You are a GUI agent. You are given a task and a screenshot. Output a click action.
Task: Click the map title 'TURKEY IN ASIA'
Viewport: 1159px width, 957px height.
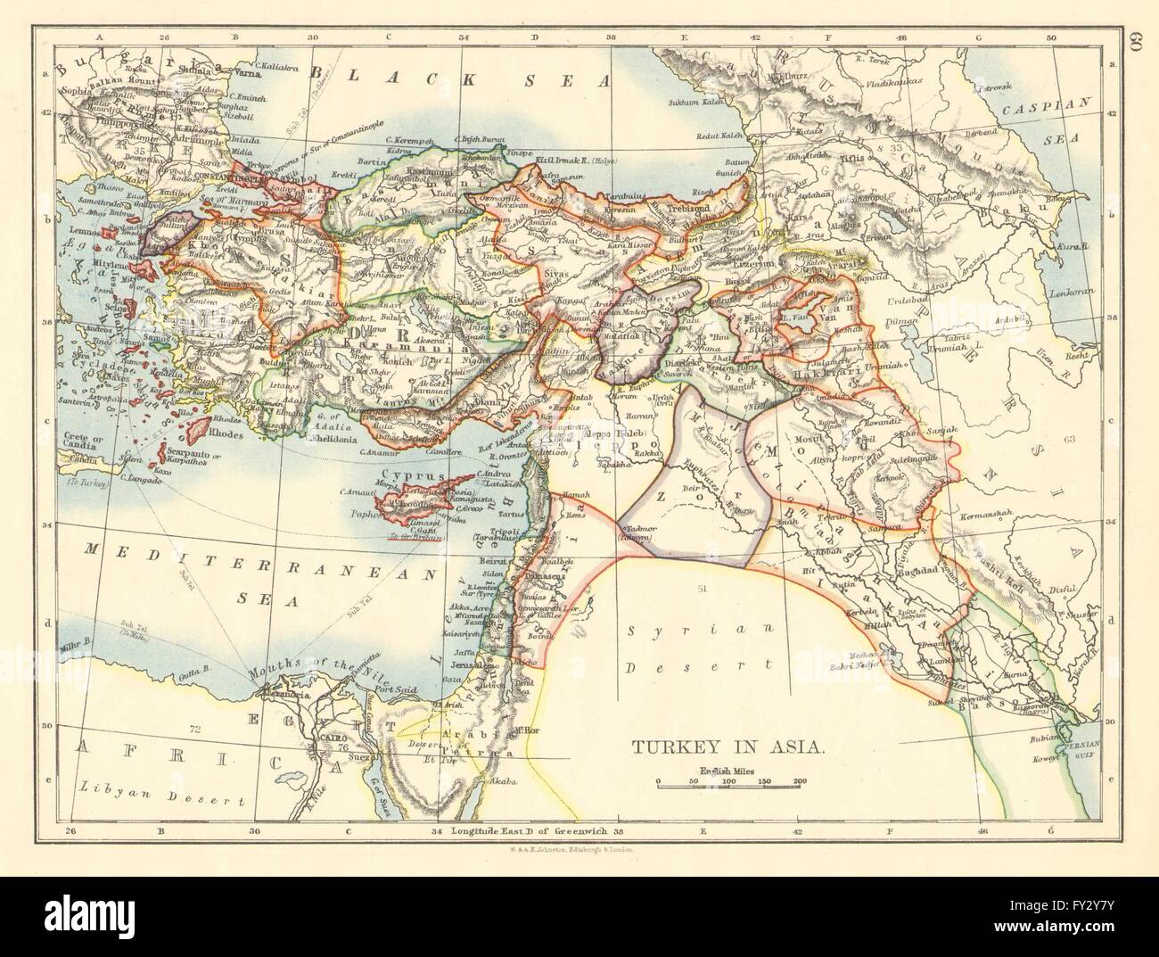coord(728,745)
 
